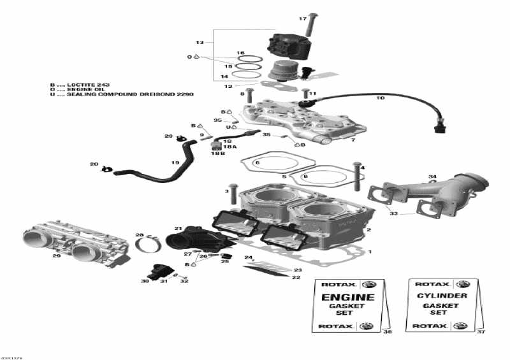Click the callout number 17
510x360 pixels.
303,19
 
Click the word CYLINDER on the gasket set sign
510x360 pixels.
442,296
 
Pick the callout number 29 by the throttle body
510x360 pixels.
56,256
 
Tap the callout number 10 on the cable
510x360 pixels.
381,98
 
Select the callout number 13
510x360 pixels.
200,42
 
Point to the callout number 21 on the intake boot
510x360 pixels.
178,228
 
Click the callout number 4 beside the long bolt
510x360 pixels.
363,168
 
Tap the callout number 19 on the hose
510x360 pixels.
174,162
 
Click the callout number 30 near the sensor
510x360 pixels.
145,281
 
